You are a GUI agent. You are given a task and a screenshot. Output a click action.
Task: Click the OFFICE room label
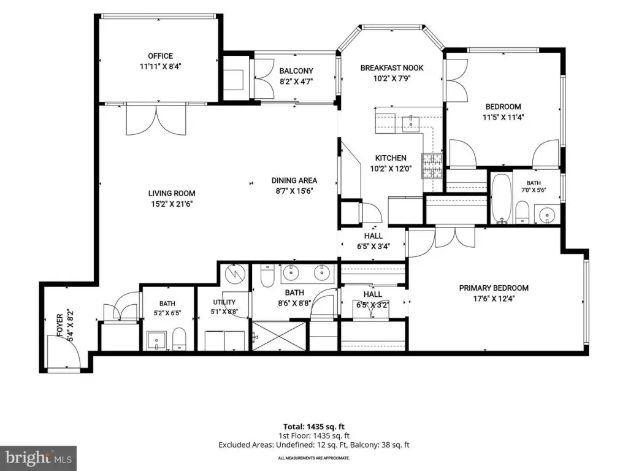pyautogui.click(x=160, y=56)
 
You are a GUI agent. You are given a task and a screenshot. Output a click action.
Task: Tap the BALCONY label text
pyautogui.click(x=296, y=71)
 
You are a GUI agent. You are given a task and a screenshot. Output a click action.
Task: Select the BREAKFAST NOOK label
pyautogui.click(x=392, y=68)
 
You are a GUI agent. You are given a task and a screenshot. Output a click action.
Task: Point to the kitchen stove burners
pyautogui.click(x=432, y=166)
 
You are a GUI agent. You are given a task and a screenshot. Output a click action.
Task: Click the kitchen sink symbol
pyautogui.click(x=410, y=123)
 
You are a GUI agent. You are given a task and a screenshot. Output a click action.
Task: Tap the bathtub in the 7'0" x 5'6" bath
pyautogui.click(x=501, y=198)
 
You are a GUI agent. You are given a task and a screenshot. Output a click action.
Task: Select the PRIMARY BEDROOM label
pyautogui.click(x=494, y=288)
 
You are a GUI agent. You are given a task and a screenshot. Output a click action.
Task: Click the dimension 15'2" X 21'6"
pyautogui.click(x=172, y=204)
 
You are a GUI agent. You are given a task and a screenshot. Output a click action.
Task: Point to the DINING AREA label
pyautogui.click(x=294, y=181)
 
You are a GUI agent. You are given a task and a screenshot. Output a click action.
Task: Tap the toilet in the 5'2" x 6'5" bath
pyautogui.click(x=179, y=339)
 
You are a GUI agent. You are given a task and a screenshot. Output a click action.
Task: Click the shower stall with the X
pyautogui.click(x=279, y=336)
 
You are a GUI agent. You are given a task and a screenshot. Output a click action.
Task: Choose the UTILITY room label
pyautogui.click(x=224, y=302)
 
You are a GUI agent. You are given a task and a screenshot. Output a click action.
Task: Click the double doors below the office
pyautogui.click(x=156, y=119)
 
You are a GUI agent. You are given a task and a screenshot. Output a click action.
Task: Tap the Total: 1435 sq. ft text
pyautogui.click(x=313, y=427)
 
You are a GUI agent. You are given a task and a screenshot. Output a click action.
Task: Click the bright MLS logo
pyautogui.click(x=39, y=458)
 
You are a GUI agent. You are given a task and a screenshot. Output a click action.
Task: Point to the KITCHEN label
pyautogui.click(x=391, y=158)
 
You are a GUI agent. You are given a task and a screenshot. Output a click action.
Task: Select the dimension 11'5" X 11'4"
pyautogui.click(x=503, y=117)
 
